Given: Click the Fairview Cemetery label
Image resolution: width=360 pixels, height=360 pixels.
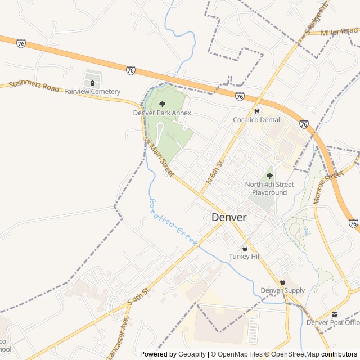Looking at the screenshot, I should coord(92,92).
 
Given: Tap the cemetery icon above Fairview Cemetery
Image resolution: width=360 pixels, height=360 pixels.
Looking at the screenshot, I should coord(92,83).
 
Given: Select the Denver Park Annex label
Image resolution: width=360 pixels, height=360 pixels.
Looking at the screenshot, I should coord(162,112).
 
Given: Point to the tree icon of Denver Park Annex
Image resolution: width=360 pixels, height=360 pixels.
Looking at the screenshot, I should coord(162,104).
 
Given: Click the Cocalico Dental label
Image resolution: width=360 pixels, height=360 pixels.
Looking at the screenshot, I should coord(256,120).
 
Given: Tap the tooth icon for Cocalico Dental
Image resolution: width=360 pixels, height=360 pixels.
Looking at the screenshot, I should coord(256,111).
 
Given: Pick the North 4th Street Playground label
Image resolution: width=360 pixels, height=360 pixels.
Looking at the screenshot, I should coord(269,188).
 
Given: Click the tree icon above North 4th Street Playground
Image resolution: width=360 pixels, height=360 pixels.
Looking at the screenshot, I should coord(269,176).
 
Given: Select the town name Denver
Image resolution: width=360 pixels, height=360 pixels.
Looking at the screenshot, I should coord(229,217).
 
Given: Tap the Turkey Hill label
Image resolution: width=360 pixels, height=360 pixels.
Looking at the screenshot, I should coord(245,256).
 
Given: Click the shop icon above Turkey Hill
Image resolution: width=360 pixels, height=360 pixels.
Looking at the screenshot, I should coord(245,248).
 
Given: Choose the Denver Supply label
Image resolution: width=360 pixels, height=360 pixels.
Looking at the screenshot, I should coord(282,290).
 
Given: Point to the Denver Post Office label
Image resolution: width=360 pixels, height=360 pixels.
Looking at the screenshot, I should coord(332,322).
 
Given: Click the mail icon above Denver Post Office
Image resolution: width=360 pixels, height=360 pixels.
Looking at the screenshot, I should coord(335,314).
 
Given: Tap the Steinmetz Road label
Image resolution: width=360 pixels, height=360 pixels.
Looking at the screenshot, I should coord(34,87).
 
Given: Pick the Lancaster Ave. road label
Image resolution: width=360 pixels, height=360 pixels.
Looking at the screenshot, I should coord(126,332).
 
